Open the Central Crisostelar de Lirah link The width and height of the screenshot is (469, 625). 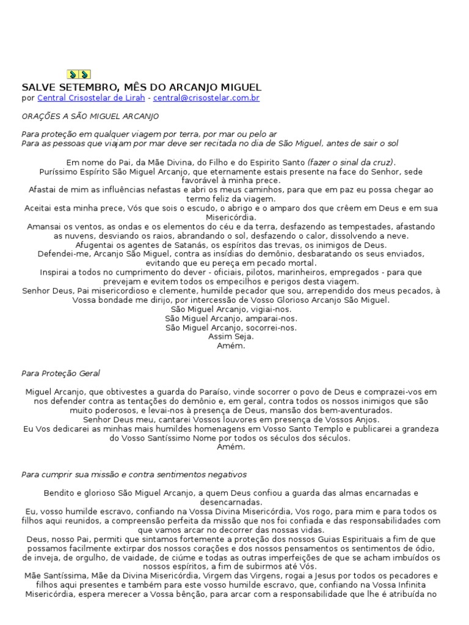pos(91,98)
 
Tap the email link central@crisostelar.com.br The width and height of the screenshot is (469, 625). pos(206,98)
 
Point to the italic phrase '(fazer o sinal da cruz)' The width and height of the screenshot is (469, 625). pos(351,162)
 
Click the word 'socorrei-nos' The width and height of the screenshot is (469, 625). pos(273,328)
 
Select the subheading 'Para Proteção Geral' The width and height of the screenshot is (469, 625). pos(60,373)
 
